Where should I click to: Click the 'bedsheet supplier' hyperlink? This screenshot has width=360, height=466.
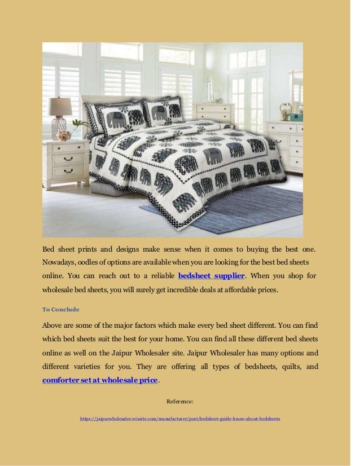click(x=211, y=276)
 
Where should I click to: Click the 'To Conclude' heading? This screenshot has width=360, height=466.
click(x=61, y=309)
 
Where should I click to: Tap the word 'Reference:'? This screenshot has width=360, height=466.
click(x=180, y=402)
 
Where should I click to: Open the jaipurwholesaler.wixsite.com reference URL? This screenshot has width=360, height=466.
click(x=180, y=419)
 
